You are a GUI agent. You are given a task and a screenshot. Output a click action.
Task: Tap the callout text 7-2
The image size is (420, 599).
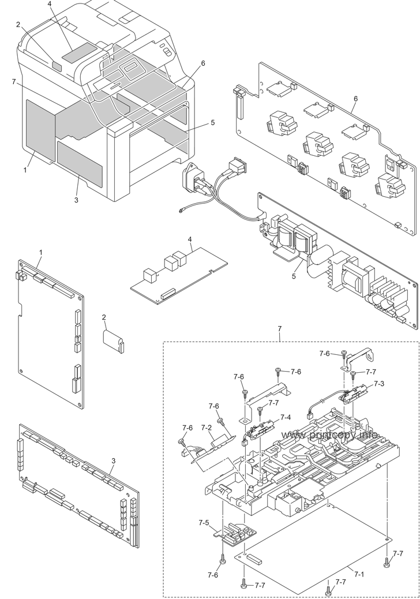click(207, 428)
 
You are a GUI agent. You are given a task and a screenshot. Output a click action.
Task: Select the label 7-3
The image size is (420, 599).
click(379, 383)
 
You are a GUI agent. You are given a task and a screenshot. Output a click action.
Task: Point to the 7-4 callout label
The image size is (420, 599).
click(286, 418)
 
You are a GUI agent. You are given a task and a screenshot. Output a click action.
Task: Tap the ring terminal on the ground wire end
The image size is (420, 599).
click(181, 209)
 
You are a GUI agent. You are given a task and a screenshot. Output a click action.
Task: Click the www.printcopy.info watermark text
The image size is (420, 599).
click(330, 435)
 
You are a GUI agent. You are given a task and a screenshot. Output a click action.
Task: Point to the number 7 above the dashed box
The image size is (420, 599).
click(280, 328)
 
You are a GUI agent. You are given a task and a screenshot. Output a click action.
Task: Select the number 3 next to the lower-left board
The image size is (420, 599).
click(114, 461)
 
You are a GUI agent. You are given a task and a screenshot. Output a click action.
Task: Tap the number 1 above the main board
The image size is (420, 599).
click(41, 253)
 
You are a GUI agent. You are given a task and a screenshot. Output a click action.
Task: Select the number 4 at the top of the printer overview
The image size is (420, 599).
click(50, 3)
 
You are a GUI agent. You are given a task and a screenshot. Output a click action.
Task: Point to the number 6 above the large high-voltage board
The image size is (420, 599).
click(355, 99)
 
